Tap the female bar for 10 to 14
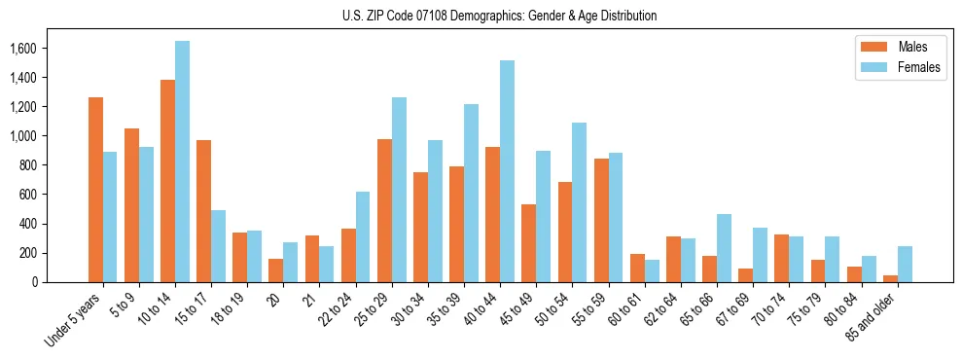tap(182, 162)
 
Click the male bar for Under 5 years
tap(95, 190)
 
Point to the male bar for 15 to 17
tap(203, 211)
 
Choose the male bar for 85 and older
tap(890, 278)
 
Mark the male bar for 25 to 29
tap(384, 210)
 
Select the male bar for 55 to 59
tap(601, 220)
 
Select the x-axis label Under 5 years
tap(76, 320)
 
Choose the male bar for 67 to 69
tap(745, 275)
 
